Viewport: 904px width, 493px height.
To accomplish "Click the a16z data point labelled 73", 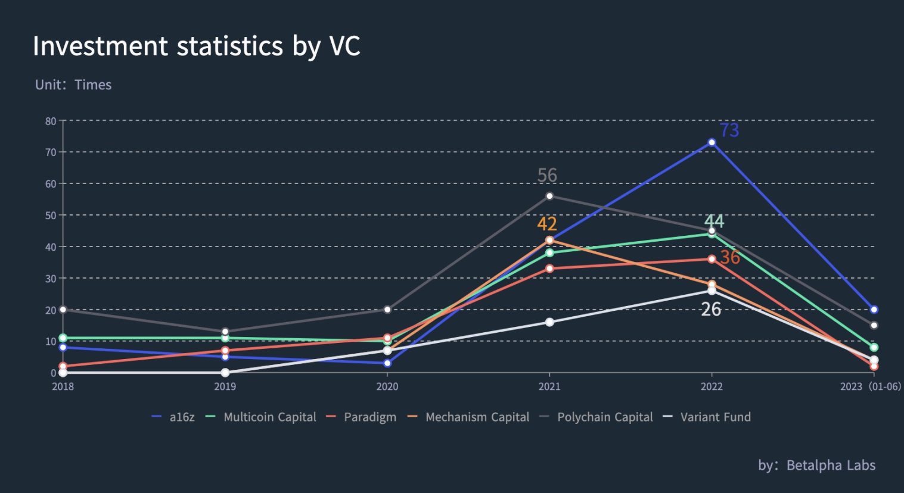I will (712, 142).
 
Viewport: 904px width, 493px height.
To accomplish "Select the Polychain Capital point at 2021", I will (549, 196).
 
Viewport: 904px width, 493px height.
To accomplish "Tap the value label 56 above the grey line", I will (547, 175).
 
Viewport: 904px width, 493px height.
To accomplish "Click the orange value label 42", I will (547, 224).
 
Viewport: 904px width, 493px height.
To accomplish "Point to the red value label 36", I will (730, 257).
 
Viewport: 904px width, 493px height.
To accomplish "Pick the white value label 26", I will (711, 309).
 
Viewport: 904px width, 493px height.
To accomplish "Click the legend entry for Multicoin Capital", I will (269, 417).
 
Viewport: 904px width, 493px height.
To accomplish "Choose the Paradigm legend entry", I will (369, 417).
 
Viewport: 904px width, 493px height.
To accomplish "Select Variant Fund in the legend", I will (715, 417).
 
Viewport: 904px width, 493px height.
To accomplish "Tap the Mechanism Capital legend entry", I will (477, 417).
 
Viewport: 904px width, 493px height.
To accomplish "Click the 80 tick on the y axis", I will (51, 121).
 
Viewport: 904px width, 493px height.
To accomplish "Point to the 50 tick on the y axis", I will (51, 215).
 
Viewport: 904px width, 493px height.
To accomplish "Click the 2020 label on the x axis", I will (387, 386).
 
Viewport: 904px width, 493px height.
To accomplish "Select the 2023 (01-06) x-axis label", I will (870, 386).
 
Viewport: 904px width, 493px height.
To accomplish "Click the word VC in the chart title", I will (344, 46).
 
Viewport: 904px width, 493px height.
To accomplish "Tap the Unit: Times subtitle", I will (73, 85).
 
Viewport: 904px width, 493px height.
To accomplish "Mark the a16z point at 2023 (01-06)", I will (874, 310).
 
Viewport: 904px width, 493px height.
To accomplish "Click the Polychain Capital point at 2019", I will (225, 332).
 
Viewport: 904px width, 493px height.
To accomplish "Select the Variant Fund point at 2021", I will (549, 322).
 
